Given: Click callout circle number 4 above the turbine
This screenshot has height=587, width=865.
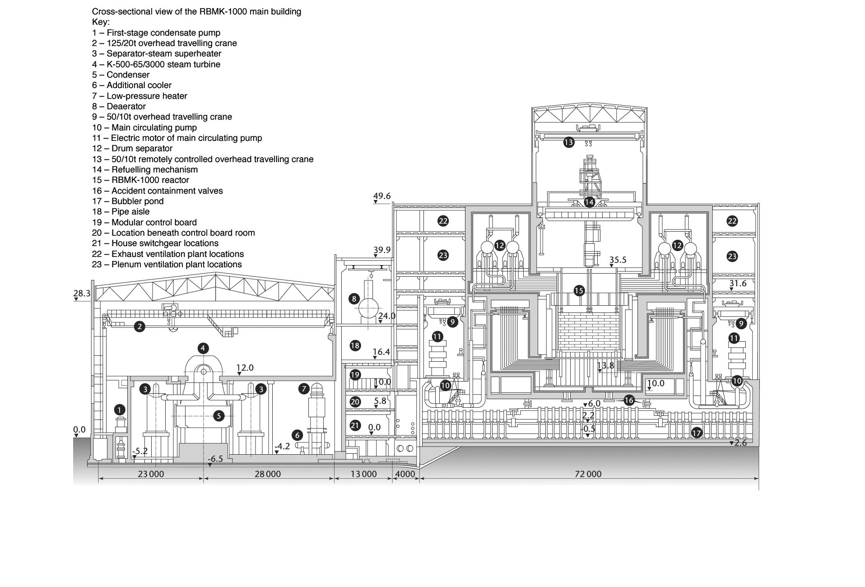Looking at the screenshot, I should click(203, 348).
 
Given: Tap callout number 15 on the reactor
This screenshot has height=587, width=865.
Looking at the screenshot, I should click(579, 290).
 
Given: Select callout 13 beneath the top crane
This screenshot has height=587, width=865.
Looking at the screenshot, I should click(568, 143).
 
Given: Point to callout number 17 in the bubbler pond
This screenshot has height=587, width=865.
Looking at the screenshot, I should click(696, 433).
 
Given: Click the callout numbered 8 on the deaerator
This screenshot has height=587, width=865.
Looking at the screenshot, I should click(354, 298).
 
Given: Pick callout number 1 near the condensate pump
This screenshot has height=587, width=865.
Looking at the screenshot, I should click(119, 410).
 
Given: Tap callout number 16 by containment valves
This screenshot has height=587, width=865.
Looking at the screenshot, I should click(628, 400).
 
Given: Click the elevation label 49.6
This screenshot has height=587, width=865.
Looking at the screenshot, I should click(382, 196).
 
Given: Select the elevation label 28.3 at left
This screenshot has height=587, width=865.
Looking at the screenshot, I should click(82, 293).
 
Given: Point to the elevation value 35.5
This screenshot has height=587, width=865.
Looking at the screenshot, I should click(618, 260).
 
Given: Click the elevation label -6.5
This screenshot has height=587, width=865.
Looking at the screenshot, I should click(215, 459).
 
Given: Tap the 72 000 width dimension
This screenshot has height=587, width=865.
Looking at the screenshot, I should click(589, 474).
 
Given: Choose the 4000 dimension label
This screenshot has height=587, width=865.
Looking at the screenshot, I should click(405, 474).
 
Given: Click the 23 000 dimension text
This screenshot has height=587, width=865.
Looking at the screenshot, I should click(151, 474).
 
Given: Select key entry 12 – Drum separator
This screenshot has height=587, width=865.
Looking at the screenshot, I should click(132, 149).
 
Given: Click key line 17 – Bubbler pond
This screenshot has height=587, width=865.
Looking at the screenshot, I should click(128, 201).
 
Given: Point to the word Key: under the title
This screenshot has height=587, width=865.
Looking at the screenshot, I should click(101, 22).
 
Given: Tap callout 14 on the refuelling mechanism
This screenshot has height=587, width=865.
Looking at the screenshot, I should click(589, 202).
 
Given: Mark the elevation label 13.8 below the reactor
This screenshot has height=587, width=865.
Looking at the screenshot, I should click(605, 365).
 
